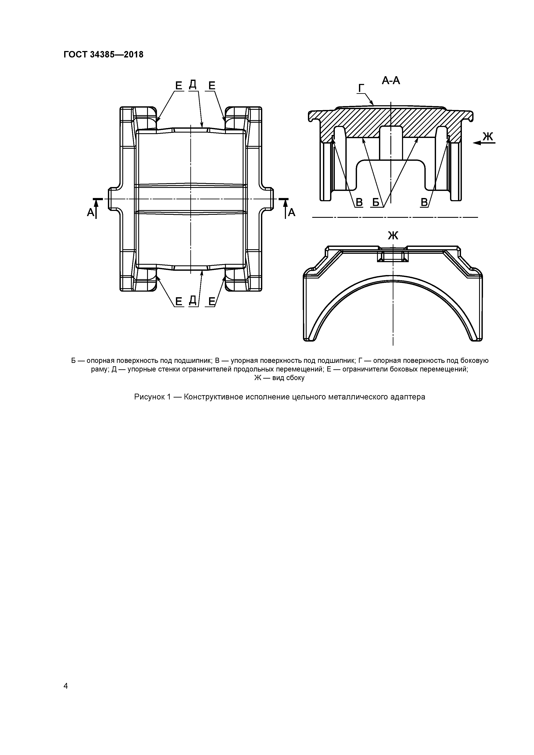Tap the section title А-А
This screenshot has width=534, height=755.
tap(391, 80)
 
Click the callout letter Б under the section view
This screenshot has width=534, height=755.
tap(375, 203)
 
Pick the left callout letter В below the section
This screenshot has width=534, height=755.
tap(359, 203)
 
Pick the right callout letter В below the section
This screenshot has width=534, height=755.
tap(424, 203)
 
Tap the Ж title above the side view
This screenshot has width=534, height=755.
tap(393, 235)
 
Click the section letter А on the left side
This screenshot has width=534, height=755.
tap(90, 213)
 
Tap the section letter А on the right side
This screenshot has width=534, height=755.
tap(292, 213)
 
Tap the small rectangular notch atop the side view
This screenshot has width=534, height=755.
tap(393, 255)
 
